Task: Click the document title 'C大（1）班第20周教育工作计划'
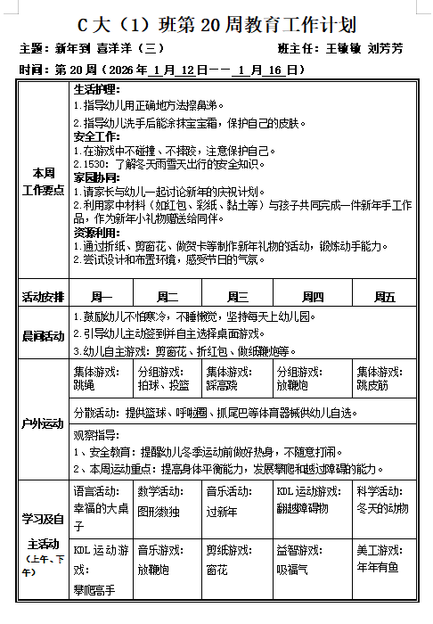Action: point(216,23)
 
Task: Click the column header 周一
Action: point(102,297)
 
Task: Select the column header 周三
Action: point(238,297)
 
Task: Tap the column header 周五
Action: point(384,297)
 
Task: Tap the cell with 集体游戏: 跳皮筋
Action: point(383,379)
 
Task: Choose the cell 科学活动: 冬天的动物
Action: point(383,501)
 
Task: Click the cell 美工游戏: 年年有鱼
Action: point(383,560)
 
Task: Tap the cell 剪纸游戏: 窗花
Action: point(237,560)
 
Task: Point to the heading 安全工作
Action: point(96,137)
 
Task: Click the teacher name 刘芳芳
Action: point(385,48)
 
